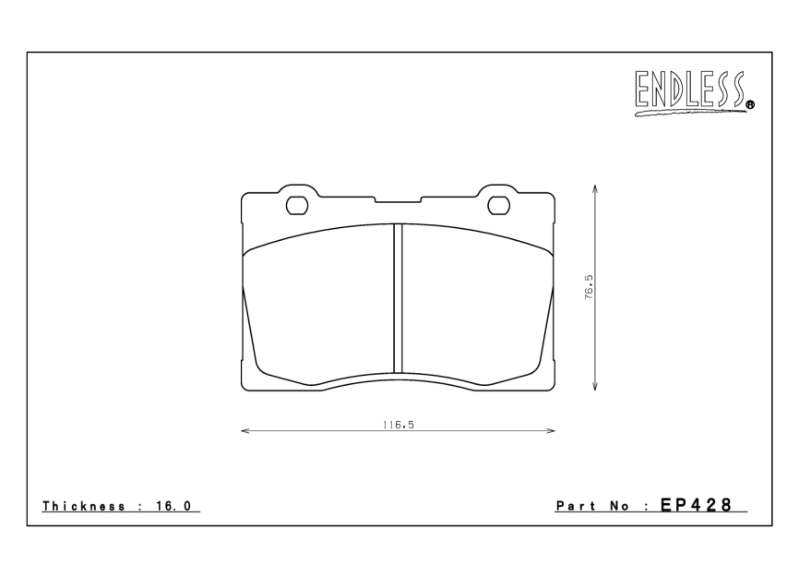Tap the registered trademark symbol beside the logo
click(750, 105)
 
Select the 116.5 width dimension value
click(399, 425)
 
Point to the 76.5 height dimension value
click(589, 287)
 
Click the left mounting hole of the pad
click(298, 206)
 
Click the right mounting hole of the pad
click(499, 206)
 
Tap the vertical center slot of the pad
click(398, 299)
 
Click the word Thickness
click(84, 506)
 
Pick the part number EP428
click(696, 505)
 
